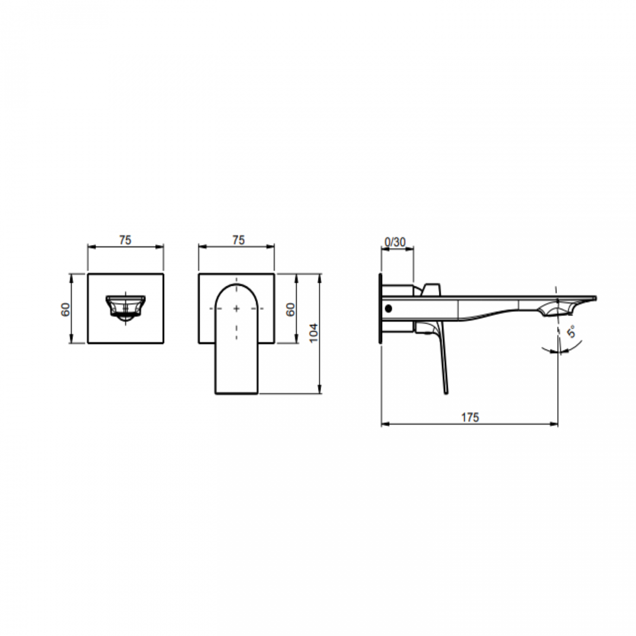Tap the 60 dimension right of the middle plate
click(291, 309)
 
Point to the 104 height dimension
click(314, 333)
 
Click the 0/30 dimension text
click(395, 242)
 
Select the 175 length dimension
click(470, 417)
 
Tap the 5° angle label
click(571, 333)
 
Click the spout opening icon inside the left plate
click(126, 308)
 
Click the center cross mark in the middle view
click(237, 309)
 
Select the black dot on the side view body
click(388, 309)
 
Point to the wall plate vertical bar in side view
click(379, 309)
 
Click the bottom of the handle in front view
click(237, 391)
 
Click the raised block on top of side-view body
click(432, 289)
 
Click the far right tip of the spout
click(595, 297)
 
